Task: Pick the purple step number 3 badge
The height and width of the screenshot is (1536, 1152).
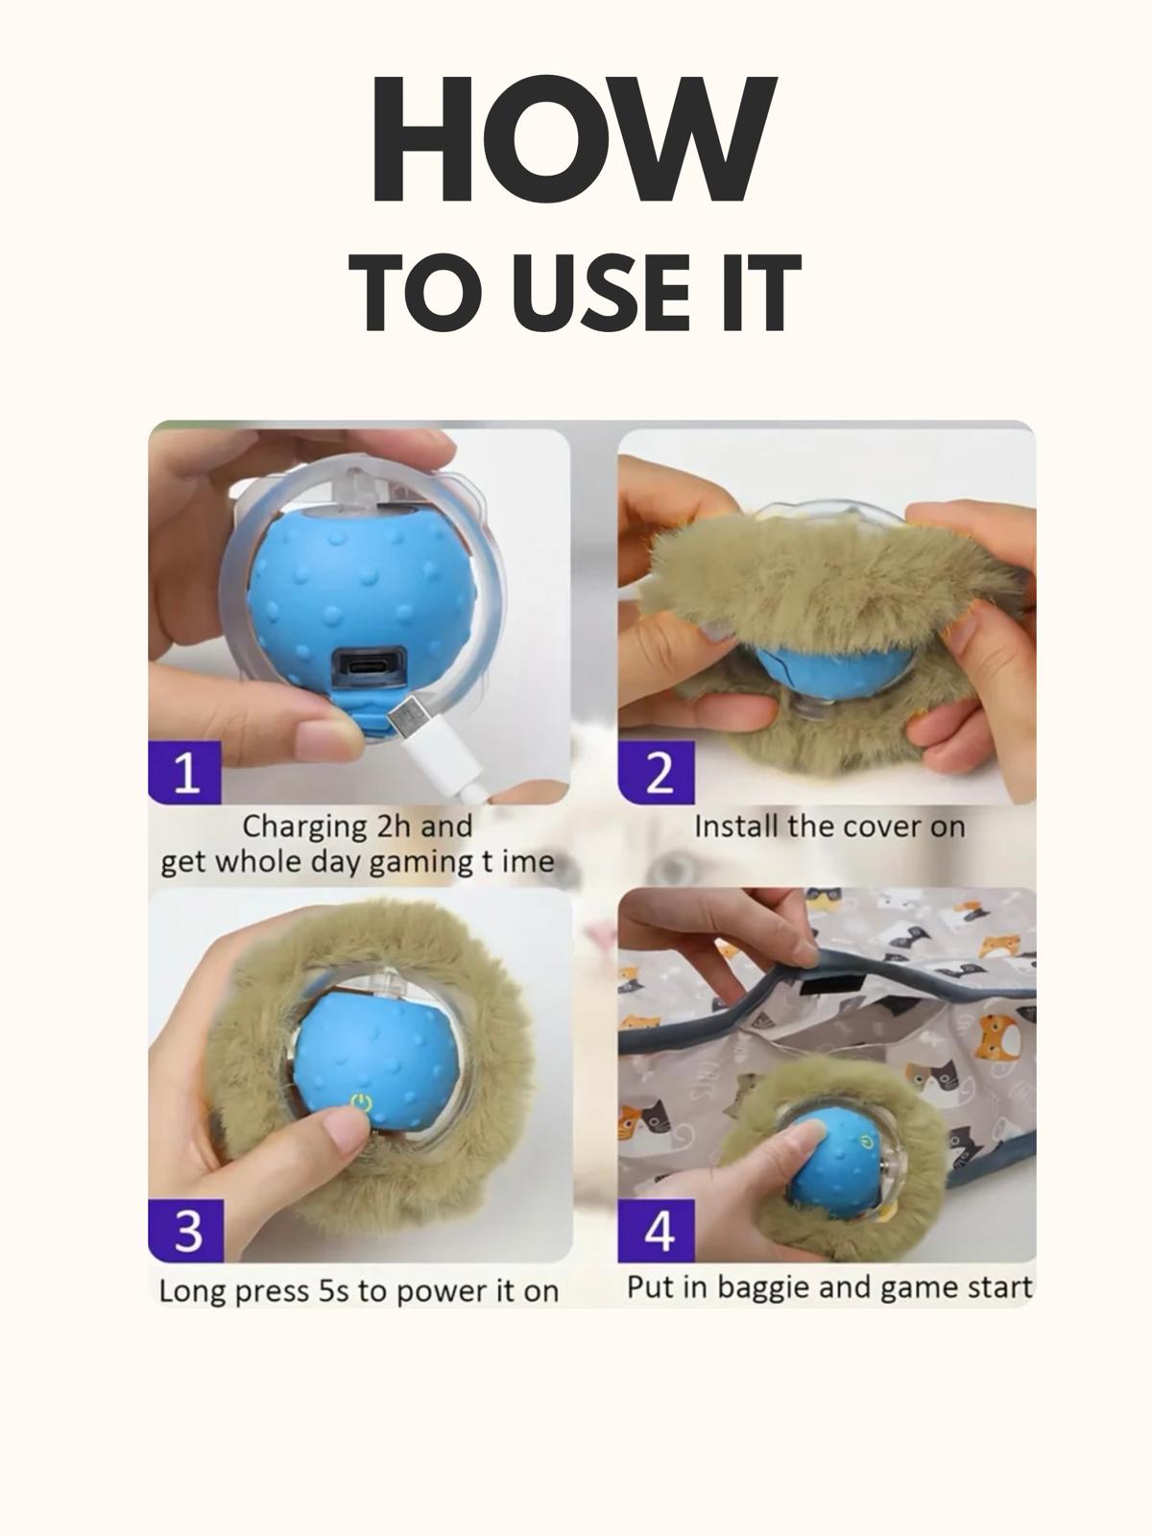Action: (185, 1230)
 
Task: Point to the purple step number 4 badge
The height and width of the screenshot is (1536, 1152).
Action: (658, 1230)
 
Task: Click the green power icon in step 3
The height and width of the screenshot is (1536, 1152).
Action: (361, 1102)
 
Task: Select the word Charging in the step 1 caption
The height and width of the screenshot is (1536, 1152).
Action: (304, 827)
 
